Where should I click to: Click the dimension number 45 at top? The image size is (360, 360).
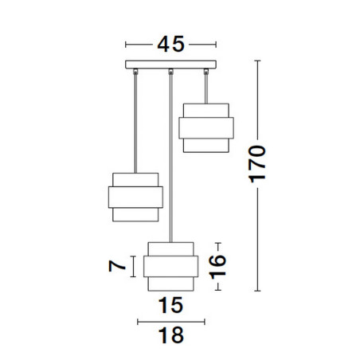click(x=170, y=44)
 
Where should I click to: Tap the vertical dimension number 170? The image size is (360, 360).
click(x=257, y=164)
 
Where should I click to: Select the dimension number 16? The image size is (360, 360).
click(x=217, y=267)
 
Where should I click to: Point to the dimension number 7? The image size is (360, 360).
click(x=117, y=266)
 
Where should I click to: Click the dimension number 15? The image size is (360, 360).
click(x=170, y=305)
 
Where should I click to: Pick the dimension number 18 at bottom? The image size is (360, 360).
click(x=171, y=335)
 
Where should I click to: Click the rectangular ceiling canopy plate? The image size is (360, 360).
click(x=170, y=65)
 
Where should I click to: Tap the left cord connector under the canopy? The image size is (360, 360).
click(x=135, y=71)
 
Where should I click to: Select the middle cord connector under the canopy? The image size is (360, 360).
click(x=170, y=71)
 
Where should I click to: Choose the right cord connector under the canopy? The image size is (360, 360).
click(x=206, y=71)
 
